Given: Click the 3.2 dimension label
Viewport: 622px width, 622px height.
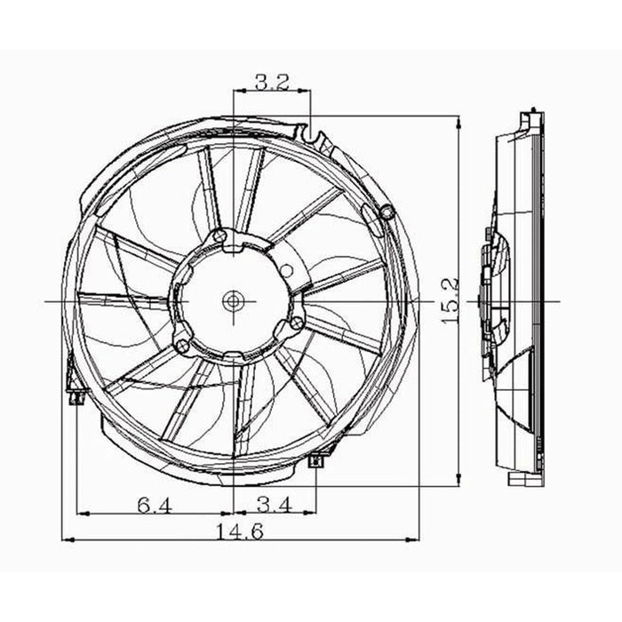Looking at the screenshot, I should [x=271, y=83].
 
